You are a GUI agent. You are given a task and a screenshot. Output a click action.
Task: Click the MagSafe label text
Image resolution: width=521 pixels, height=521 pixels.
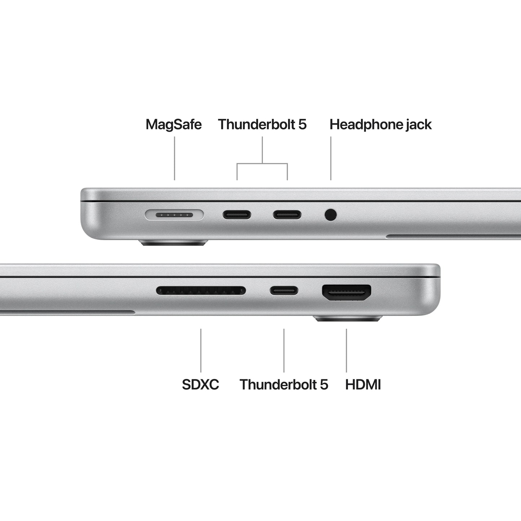pyautogui.click(x=173, y=125)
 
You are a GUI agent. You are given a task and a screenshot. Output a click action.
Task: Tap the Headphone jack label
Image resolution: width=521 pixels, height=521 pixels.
pyautogui.click(x=380, y=125)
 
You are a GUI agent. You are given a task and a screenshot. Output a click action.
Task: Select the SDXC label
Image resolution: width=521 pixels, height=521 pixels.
pyautogui.click(x=200, y=384)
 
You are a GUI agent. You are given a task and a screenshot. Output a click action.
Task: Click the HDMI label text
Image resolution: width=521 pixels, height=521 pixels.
pyautogui.click(x=363, y=384)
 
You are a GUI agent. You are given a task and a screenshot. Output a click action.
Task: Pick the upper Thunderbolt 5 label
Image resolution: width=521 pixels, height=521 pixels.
pyautogui.click(x=262, y=125)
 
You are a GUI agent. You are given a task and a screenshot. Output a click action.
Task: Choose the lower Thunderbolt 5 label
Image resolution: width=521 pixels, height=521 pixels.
pyautogui.click(x=284, y=384)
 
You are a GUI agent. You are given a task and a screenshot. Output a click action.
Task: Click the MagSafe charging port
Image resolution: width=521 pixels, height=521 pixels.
pyautogui.click(x=175, y=215)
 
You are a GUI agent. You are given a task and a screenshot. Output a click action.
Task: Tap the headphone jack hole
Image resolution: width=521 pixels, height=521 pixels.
pyautogui.click(x=331, y=215)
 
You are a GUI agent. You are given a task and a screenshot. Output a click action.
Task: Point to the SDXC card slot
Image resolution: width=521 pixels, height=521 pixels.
pyautogui.click(x=201, y=290)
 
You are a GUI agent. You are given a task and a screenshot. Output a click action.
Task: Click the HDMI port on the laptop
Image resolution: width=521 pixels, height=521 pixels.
pyautogui.click(x=346, y=292)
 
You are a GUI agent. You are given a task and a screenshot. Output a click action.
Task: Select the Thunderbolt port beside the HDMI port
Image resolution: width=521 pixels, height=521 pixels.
pyautogui.click(x=284, y=290)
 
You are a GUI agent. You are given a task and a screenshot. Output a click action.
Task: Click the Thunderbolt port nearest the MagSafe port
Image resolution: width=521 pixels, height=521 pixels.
pyautogui.click(x=237, y=215)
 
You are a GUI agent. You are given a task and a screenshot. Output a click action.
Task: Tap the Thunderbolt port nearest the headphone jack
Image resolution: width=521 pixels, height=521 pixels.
pyautogui.click(x=287, y=215)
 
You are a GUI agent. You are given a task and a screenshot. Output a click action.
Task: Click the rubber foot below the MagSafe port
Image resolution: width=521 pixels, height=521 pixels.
pyautogui.click(x=174, y=243)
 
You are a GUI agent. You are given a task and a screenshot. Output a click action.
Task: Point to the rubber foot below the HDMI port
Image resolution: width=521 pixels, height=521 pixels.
pyautogui.click(x=348, y=318)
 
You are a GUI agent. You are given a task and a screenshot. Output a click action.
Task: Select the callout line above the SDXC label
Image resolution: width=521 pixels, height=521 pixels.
pyautogui.click(x=201, y=350)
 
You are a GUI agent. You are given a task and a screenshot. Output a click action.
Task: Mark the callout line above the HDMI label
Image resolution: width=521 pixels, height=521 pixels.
pyautogui.click(x=346, y=350)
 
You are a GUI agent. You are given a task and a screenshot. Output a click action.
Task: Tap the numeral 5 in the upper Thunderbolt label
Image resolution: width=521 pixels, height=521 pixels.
pyautogui.click(x=302, y=125)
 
